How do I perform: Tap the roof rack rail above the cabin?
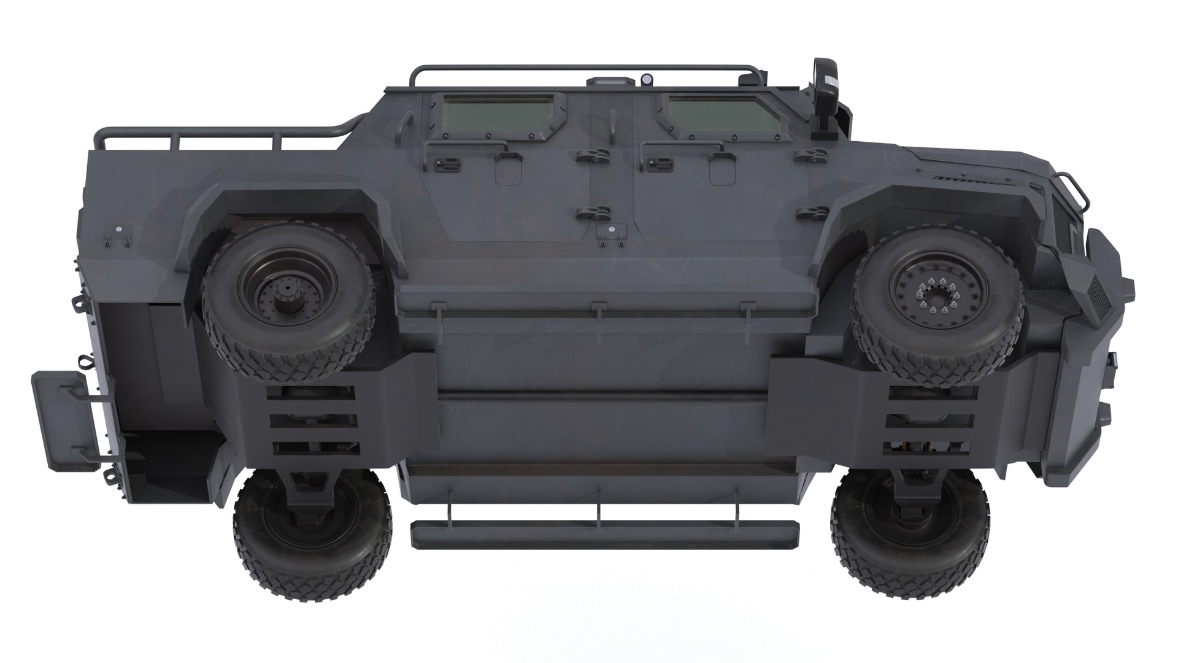583,68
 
